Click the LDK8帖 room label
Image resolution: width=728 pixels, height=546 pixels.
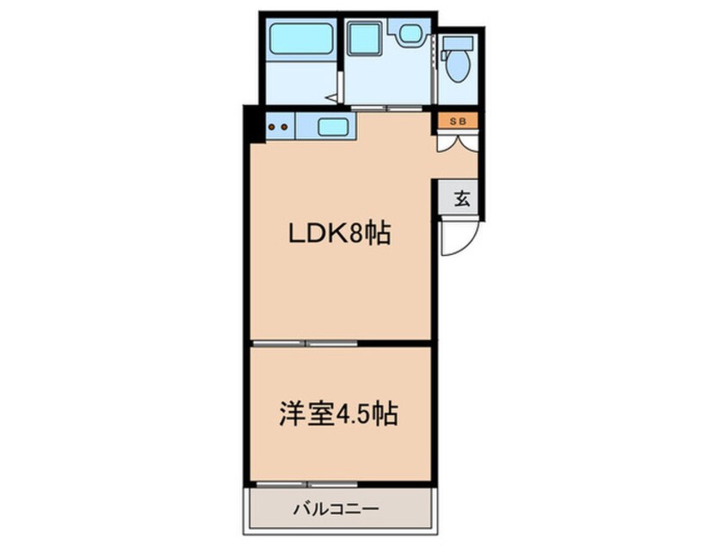click(x=340, y=233)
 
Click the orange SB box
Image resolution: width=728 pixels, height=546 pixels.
click(x=459, y=121)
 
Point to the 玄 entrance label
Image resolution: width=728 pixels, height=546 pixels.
click(x=461, y=199)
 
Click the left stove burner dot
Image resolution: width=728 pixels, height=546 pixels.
click(x=272, y=127)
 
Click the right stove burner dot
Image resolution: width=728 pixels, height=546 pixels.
click(x=284, y=127)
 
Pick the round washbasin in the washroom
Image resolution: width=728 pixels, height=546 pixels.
click(x=408, y=33)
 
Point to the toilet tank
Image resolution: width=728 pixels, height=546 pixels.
click(x=460, y=41)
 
